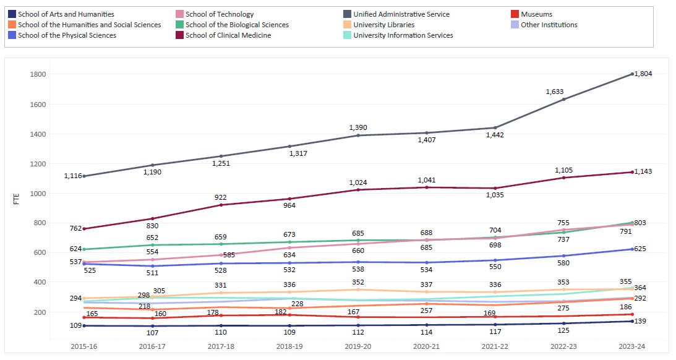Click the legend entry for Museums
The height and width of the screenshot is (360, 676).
[x=536, y=14]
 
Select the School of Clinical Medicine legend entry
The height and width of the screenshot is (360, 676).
[x=228, y=35]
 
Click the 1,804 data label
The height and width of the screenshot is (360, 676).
[x=643, y=74]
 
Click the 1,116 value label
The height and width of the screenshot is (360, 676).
[x=72, y=176]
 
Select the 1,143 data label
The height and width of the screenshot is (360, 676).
[x=643, y=171]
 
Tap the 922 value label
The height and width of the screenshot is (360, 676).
[x=221, y=197]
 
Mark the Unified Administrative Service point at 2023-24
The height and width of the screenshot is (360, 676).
[x=632, y=74]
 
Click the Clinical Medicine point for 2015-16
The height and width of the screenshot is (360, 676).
[x=84, y=229]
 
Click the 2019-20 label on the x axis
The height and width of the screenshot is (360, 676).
[x=358, y=347]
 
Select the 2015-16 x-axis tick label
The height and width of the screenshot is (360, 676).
[x=84, y=347]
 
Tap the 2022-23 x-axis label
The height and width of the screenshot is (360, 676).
[x=563, y=347]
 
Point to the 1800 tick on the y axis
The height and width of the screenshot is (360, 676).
[x=38, y=74]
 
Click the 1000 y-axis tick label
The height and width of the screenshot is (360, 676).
[x=38, y=193]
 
